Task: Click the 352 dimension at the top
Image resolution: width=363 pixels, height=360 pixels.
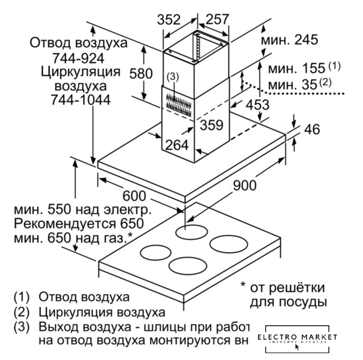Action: pyautogui.click(x=169, y=20)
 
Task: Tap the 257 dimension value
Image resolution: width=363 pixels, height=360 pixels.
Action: pyautogui.click(x=216, y=20)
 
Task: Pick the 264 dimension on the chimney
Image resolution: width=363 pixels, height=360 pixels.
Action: pyautogui.click(x=176, y=145)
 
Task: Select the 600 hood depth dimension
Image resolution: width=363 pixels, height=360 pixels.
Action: pyautogui.click(x=133, y=196)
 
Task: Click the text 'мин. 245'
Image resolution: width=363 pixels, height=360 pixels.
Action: pyautogui.click(x=289, y=40)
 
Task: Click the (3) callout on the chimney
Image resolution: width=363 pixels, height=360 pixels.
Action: pyautogui.click(x=173, y=76)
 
